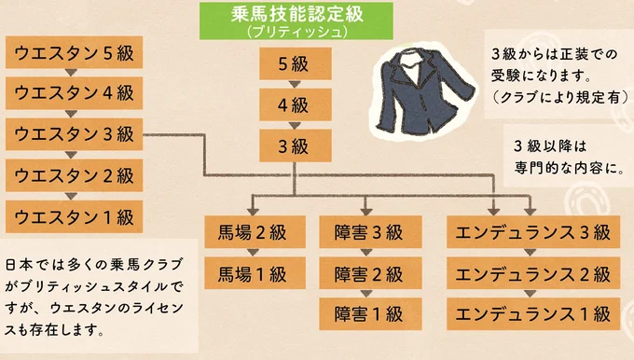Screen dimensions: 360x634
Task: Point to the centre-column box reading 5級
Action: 292,65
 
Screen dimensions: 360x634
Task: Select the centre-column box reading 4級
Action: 292,105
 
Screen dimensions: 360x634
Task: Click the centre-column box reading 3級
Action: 292,146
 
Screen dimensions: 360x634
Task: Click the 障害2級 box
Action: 366,274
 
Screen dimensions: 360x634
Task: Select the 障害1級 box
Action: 366,314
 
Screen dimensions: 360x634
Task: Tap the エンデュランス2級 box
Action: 529,274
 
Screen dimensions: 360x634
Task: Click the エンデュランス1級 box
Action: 529,314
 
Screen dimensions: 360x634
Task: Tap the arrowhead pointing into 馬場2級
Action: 253,210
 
